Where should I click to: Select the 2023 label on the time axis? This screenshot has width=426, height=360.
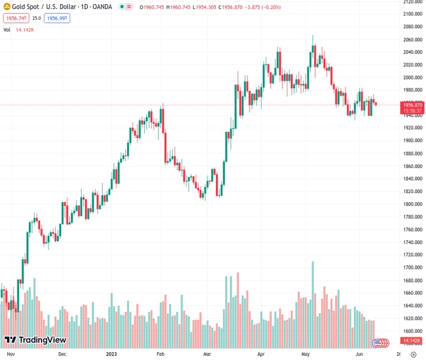[x=111, y=354]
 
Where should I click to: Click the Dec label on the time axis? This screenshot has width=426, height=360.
[x=62, y=354]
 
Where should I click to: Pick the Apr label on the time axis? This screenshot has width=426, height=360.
[x=261, y=354]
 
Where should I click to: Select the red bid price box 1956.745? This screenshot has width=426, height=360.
[x=15, y=19]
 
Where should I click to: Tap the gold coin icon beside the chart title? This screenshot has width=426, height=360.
[x=7, y=7]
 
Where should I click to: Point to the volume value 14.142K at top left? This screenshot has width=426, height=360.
[x=25, y=29]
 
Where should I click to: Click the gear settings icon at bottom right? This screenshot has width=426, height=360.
[x=413, y=354]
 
